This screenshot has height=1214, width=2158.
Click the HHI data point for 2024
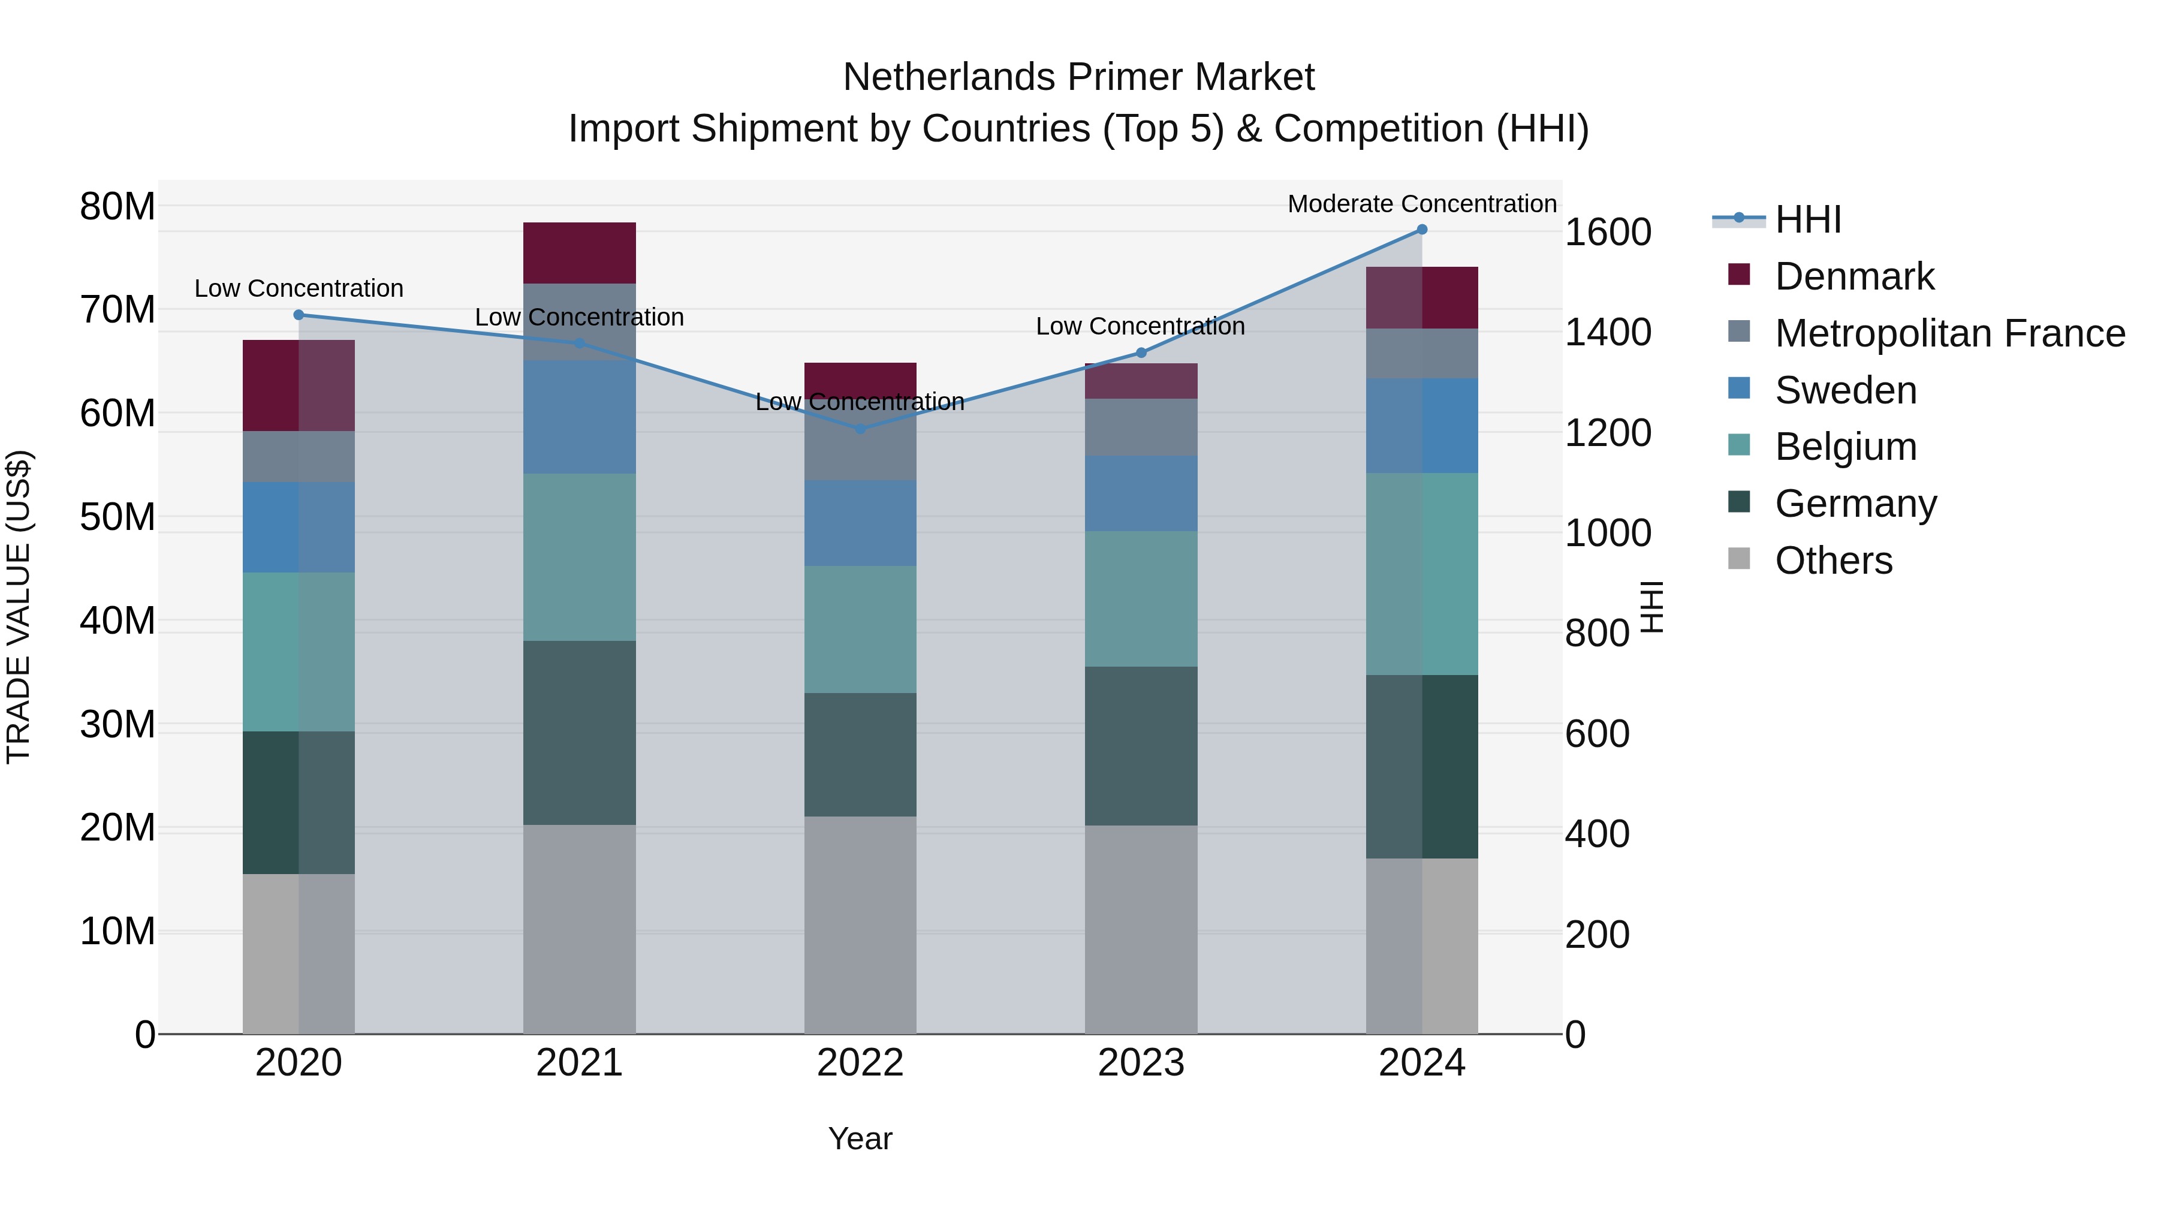[1422, 230]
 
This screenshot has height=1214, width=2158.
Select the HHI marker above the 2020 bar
[299, 315]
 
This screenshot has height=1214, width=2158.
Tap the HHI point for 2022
[860, 429]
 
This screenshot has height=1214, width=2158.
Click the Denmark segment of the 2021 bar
[579, 253]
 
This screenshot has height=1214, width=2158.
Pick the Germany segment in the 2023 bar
[1140, 746]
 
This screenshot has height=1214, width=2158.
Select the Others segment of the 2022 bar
[860, 925]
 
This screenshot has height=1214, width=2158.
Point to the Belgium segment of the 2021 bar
[579, 557]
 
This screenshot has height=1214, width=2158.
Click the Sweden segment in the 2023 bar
[1140, 493]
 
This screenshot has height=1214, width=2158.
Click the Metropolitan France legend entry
[1949, 333]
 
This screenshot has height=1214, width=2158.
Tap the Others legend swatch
[1739, 559]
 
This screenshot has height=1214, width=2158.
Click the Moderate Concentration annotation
[1422, 204]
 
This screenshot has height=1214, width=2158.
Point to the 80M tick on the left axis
[117, 206]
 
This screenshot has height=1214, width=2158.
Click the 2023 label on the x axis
[1140, 1063]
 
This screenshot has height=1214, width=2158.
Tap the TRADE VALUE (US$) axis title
[19, 607]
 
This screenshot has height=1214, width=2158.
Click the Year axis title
[860, 1138]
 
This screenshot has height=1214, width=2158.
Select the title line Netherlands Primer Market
[1078, 77]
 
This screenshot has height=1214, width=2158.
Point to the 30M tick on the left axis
[117, 725]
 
